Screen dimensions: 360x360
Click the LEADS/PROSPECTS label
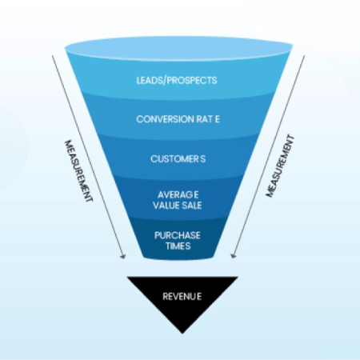click(x=178, y=80)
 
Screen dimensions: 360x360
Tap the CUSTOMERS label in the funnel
click(x=178, y=159)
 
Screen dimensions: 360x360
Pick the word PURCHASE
click(x=178, y=234)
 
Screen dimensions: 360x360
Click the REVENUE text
click(x=182, y=295)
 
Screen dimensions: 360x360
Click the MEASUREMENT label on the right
click(x=281, y=166)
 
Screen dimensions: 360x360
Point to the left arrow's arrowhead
click(x=123, y=258)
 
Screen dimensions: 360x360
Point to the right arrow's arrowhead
click(x=231, y=258)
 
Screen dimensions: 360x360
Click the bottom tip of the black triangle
click(x=182, y=332)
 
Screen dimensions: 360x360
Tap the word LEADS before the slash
click(x=150, y=80)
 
